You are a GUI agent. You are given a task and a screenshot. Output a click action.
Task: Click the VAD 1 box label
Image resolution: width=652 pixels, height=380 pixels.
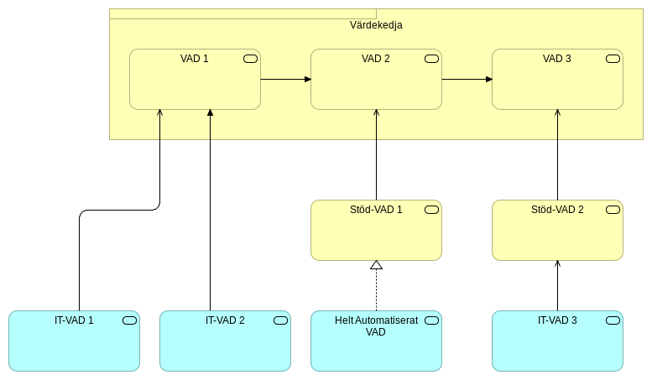[195, 59]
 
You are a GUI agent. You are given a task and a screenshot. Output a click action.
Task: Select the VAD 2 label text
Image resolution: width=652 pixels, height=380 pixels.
[376, 59]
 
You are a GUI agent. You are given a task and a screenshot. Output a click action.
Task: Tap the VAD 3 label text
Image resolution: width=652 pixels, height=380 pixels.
[557, 59]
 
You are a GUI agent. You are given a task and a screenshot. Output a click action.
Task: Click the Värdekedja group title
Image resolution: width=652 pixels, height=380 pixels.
[376, 25]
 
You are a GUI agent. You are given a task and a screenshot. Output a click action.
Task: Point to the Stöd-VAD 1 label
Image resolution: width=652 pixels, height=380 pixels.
[376, 210]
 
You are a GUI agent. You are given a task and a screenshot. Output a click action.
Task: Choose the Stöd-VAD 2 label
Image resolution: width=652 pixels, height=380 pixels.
[557, 210]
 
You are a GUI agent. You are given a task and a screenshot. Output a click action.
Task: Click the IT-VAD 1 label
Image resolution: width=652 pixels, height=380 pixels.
[74, 320]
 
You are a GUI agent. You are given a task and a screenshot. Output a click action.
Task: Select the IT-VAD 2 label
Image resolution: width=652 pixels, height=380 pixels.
[225, 320]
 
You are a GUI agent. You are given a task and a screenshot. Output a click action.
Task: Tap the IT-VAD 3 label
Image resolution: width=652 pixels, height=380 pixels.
[557, 320]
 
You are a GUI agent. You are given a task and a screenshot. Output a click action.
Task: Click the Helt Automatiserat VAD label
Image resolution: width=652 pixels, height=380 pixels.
[376, 326]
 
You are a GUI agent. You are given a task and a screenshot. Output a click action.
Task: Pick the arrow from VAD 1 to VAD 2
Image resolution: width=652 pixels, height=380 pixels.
[285, 80]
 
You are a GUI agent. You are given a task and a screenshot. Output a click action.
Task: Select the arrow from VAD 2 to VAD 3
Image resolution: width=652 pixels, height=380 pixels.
[467, 80]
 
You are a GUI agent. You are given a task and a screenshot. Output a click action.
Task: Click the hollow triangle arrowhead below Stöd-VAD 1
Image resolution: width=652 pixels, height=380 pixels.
[376, 265]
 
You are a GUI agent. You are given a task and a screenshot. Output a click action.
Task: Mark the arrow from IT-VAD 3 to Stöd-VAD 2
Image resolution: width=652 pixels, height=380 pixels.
[557, 285]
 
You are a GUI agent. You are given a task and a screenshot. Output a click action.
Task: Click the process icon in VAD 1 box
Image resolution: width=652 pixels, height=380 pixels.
[250, 59]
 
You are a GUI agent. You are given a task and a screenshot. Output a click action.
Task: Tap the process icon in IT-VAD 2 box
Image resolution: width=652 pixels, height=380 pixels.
[280, 320]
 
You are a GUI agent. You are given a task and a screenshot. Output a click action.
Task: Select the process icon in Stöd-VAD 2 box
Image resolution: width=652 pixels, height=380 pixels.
[613, 210]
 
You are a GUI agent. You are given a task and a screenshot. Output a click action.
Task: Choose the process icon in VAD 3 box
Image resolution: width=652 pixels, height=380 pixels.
[613, 59]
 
